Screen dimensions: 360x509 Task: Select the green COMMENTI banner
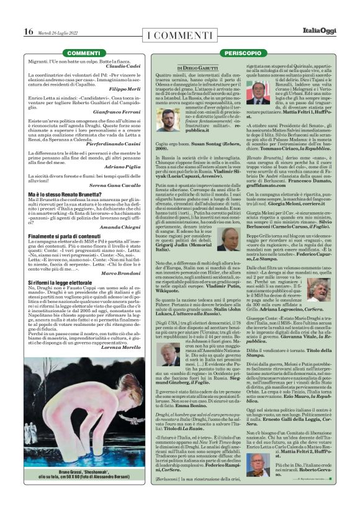pos(83,54)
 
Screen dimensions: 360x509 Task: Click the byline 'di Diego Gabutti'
pos(197,66)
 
